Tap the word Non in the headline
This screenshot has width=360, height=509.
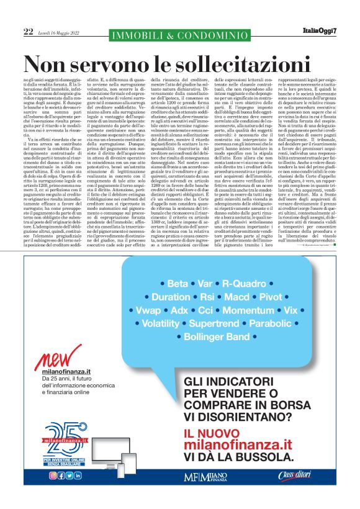50,64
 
